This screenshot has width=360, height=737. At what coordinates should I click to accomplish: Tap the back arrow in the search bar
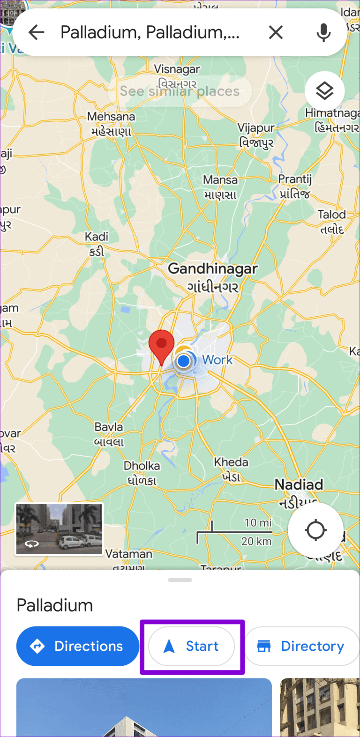(x=37, y=32)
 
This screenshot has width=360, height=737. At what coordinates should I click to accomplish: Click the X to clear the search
(x=276, y=32)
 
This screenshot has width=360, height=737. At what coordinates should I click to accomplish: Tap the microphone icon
(x=323, y=32)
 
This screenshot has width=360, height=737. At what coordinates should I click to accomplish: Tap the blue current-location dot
(x=184, y=361)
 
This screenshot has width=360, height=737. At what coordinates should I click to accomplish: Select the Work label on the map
(x=217, y=360)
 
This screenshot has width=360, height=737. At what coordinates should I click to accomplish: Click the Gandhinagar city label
(x=213, y=269)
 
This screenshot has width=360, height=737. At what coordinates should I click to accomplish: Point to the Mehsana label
(x=111, y=117)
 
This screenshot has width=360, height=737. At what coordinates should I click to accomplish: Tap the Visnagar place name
(x=177, y=69)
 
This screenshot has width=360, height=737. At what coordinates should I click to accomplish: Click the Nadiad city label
(x=299, y=484)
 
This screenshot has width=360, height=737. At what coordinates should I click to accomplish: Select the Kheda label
(x=231, y=462)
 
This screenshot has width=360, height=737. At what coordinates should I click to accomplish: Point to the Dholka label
(x=142, y=466)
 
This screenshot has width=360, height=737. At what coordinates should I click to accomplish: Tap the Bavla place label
(x=109, y=427)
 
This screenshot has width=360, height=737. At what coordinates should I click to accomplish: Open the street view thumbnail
(x=59, y=529)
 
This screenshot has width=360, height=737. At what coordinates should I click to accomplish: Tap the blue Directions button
(x=78, y=646)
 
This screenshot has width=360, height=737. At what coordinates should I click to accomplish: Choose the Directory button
(x=302, y=646)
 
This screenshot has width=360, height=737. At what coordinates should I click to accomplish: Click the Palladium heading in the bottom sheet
(x=55, y=605)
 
